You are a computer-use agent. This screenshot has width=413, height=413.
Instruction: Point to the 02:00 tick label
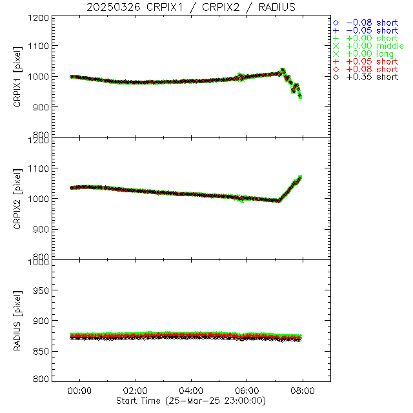(x=136, y=391)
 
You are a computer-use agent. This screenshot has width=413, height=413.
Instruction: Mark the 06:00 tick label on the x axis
(x=247, y=391)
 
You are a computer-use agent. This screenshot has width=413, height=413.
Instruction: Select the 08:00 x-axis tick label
(x=303, y=391)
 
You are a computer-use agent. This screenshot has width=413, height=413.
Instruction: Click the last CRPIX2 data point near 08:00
(x=300, y=177)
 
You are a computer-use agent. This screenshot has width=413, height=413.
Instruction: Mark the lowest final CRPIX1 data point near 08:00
(x=300, y=97)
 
